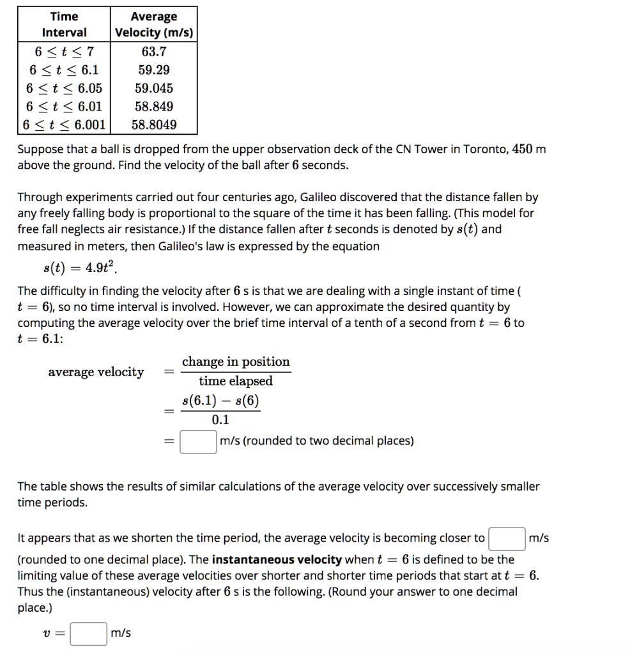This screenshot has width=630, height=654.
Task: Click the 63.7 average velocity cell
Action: coord(154,51)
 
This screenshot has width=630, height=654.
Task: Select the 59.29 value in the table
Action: coord(154,70)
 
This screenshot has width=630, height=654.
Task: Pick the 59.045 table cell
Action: coord(154,88)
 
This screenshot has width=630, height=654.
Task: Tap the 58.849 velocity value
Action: coord(154,107)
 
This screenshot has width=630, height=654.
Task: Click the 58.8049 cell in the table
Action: coord(154,125)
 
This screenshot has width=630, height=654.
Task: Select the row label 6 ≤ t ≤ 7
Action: coord(64,51)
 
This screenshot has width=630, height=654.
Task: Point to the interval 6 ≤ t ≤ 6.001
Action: coord(64,125)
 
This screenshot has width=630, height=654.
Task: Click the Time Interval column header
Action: coord(64,24)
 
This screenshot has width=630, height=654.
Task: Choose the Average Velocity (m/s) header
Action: coord(154,24)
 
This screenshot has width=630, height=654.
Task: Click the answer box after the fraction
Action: coord(197,441)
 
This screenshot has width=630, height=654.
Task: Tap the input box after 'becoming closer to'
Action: coord(507,538)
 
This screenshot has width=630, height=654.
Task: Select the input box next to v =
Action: coord(88,634)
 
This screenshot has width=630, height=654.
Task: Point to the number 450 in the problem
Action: coord(523,149)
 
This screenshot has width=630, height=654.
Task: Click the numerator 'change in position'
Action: coord(236,362)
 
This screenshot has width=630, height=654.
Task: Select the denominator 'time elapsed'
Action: coord(236,381)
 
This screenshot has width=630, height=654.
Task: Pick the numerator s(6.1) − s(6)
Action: coord(220,401)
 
